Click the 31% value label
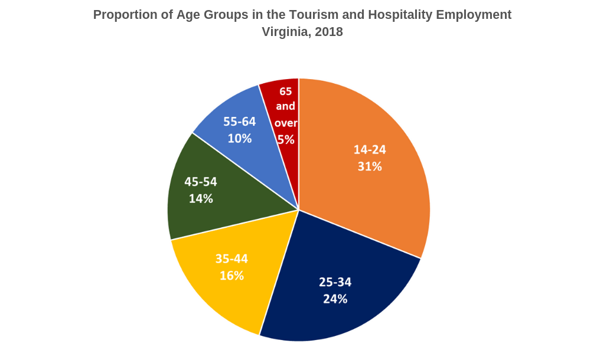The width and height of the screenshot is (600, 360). (370, 167)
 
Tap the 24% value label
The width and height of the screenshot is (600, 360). (335, 299)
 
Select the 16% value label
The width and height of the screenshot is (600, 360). (231, 276)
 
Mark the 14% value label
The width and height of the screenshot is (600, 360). (201, 199)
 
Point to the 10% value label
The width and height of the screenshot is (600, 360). (240, 139)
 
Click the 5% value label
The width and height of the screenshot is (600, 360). (286, 140)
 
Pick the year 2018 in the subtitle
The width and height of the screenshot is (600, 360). (329, 32)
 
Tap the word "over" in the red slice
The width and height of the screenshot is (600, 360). (286, 123)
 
